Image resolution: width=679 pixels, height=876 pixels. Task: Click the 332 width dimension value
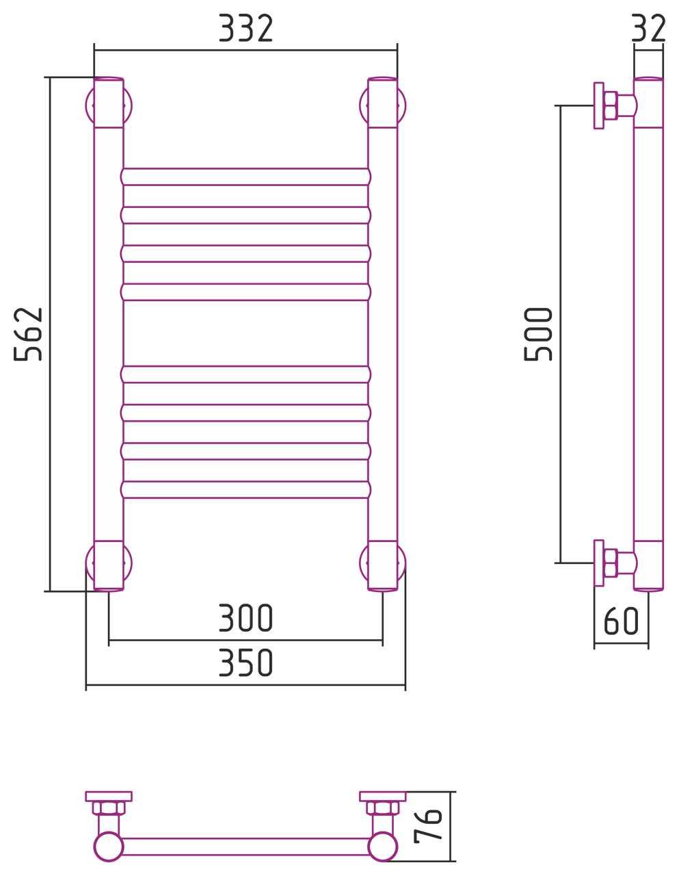(x=245, y=28)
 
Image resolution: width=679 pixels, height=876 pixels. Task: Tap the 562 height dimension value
(x=28, y=334)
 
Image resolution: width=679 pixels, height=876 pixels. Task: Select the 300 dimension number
(x=245, y=617)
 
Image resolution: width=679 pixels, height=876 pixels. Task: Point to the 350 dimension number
(x=245, y=662)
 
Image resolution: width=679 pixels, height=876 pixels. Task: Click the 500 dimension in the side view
(x=538, y=334)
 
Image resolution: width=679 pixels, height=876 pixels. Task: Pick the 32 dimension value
(x=648, y=28)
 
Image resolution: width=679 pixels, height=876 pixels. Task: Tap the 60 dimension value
(x=621, y=621)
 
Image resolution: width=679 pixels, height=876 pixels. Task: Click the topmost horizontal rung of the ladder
(x=245, y=177)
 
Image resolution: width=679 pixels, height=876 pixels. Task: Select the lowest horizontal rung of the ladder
(x=245, y=489)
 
